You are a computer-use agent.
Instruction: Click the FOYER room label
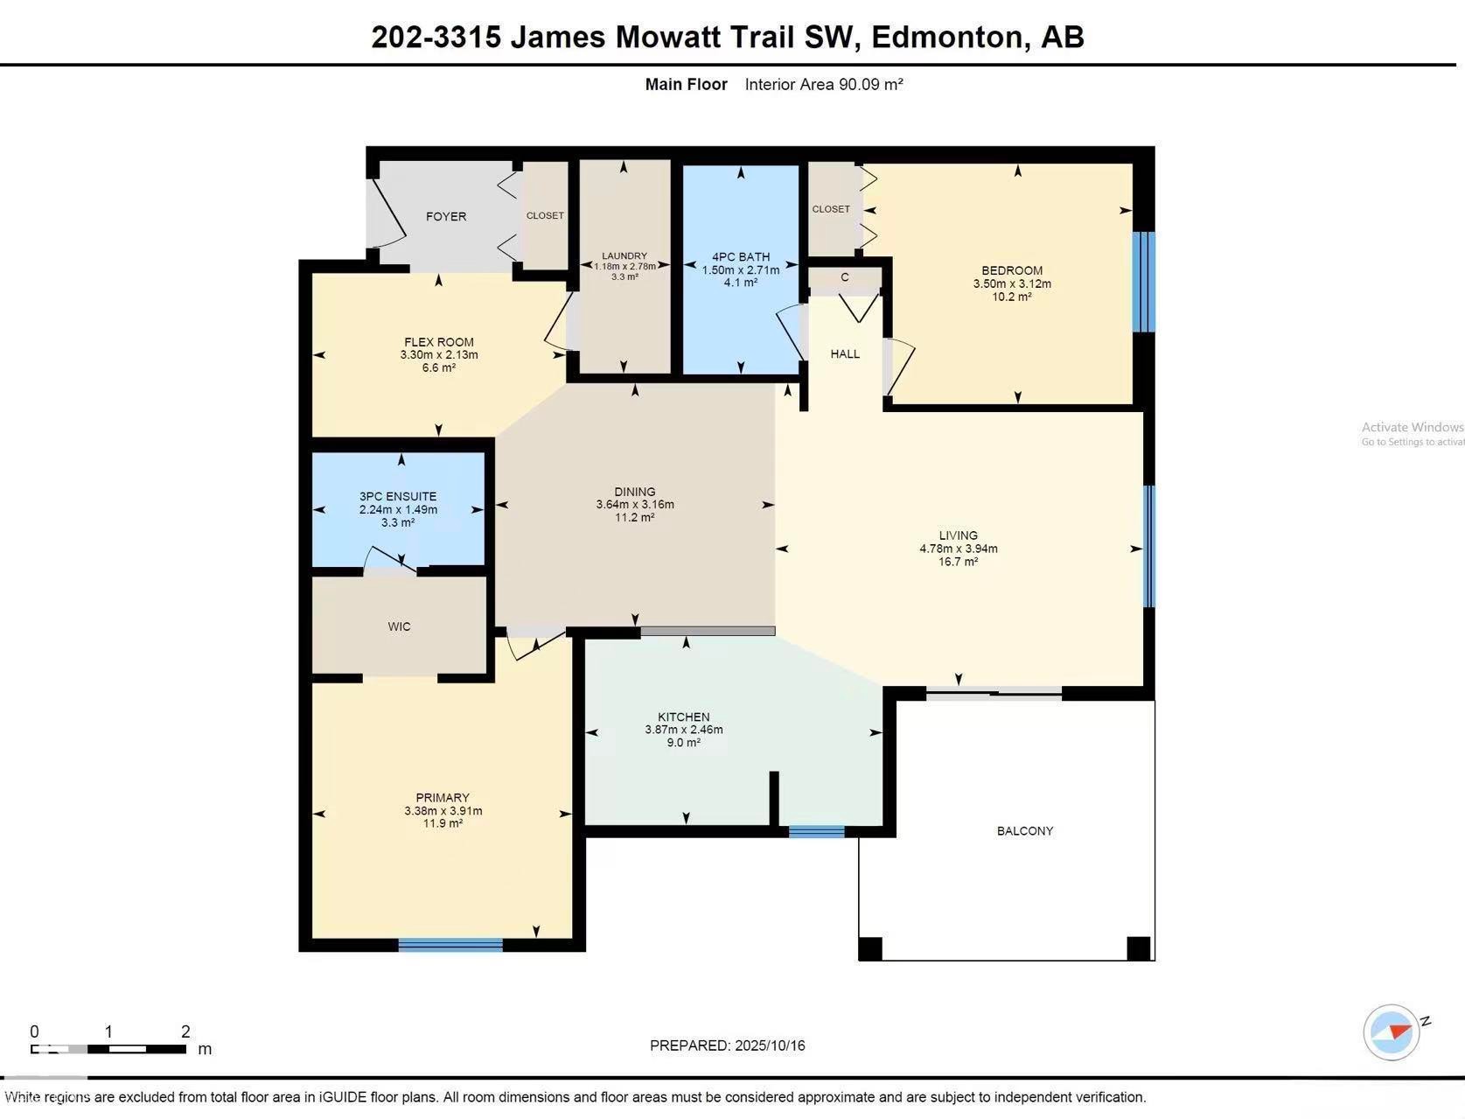(446, 216)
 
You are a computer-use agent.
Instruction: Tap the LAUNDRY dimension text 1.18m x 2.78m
(624, 266)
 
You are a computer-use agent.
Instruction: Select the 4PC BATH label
(741, 257)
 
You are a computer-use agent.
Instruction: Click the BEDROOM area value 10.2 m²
(1012, 297)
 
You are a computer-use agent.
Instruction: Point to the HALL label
(845, 353)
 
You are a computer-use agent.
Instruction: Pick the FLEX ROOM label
(439, 342)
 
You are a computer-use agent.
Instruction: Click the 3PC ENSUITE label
(398, 496)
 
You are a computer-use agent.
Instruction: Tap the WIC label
(399, 626)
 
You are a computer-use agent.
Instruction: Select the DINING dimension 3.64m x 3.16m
(635, 504)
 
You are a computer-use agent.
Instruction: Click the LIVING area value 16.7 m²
(959, 562)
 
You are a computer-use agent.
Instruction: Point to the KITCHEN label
(684, 717)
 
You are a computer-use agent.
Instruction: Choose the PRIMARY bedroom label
(443, 797)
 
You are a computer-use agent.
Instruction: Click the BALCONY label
(1025, 830)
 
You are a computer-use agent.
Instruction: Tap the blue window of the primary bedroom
(450, 944)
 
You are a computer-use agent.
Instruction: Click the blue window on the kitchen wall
(816, 831)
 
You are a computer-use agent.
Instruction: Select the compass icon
(1391, 1032)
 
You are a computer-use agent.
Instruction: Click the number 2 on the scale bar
(185, 1032)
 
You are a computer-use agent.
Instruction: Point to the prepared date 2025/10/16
(771, 1046)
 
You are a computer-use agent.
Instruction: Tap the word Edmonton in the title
(947, 37)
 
